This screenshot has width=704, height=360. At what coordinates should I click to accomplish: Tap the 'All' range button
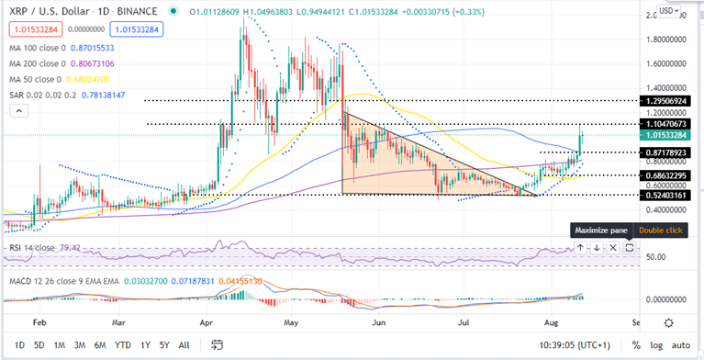click(x=184, y=344)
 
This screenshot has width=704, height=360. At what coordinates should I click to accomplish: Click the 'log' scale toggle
click(x=655, y=344)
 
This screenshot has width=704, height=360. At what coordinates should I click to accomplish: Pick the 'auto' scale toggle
click(x=680, y=344)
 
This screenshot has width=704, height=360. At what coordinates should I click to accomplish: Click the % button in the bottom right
click(x=635, y=344)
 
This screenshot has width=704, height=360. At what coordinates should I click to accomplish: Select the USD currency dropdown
click(x=668, y=11)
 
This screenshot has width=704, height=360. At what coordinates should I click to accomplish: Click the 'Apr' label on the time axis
click(x=206, y=324)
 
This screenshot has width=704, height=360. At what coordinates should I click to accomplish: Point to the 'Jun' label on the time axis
click(x=377, y=324)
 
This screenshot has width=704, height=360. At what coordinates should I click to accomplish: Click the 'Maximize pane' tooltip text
click(x=599, y=231)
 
